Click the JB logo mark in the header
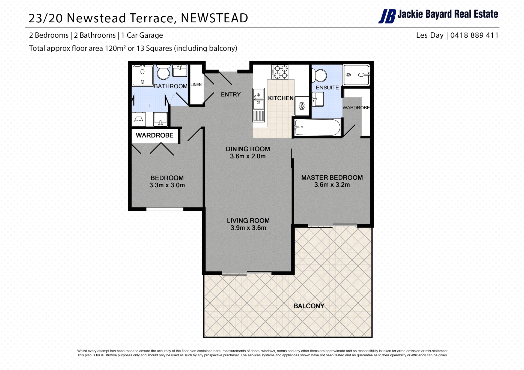pos(387,16)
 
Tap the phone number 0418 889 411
pos(474,35)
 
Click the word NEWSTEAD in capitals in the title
pos(215,18)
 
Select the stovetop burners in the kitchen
pos(280,72)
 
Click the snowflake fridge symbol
pos(302,106)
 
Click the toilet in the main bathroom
pos(163,72)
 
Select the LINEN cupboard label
pos(196,85)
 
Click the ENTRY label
pos(231,95)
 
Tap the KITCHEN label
pos(281,98)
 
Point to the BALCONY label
pos(309,306)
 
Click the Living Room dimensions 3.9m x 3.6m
pos(248,228)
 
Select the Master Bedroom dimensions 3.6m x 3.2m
pos(332,185)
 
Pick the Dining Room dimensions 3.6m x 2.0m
pos(248,156)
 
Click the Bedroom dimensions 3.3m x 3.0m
pos(167,185)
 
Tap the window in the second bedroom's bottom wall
pos(165,209)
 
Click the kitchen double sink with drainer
pos(259,105)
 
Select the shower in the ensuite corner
pos(356,75)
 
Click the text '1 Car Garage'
pos(142,35)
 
